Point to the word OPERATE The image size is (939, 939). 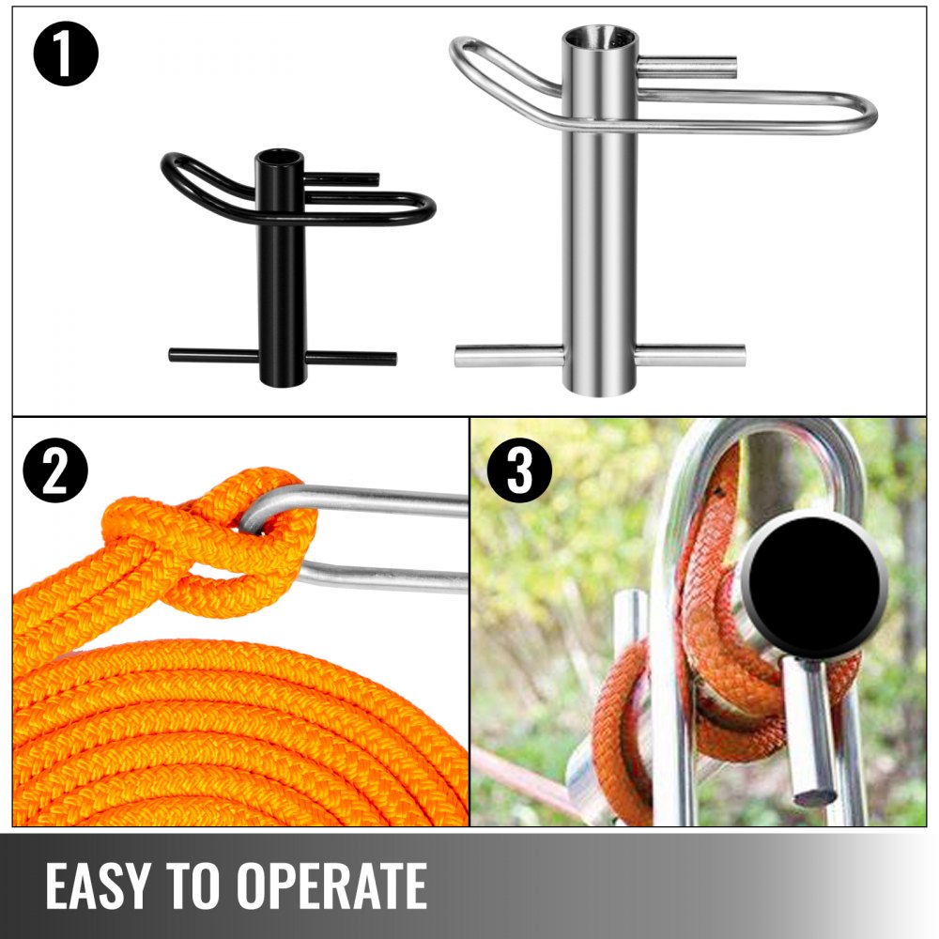[x=333, y=885]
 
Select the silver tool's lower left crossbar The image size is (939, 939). [x=510, y=356]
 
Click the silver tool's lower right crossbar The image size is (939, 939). [x=689, y=355]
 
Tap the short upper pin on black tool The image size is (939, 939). [x=343, y=177]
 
